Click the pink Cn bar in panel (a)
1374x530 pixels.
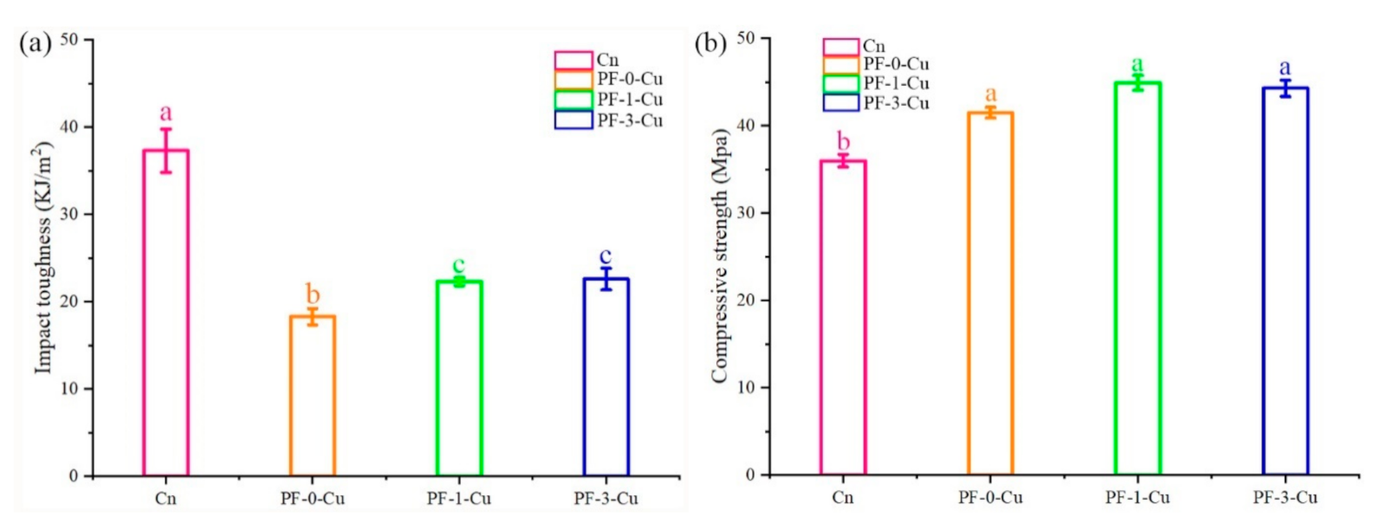165,312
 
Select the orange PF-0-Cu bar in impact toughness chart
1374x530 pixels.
312,395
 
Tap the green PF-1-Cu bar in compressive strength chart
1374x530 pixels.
1137,277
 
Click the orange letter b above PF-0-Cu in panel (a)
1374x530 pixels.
312,294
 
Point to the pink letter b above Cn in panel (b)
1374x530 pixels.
843,142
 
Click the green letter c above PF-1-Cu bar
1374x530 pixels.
459,265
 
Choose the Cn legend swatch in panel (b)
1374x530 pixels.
839,47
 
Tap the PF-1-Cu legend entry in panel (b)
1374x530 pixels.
896,84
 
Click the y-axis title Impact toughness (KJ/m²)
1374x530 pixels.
43,260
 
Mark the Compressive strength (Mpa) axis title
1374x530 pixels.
718,256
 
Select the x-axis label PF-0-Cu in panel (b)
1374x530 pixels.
990,498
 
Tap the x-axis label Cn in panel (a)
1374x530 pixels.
165,500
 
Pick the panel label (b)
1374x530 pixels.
710,42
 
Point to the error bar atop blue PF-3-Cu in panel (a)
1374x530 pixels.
606,278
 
